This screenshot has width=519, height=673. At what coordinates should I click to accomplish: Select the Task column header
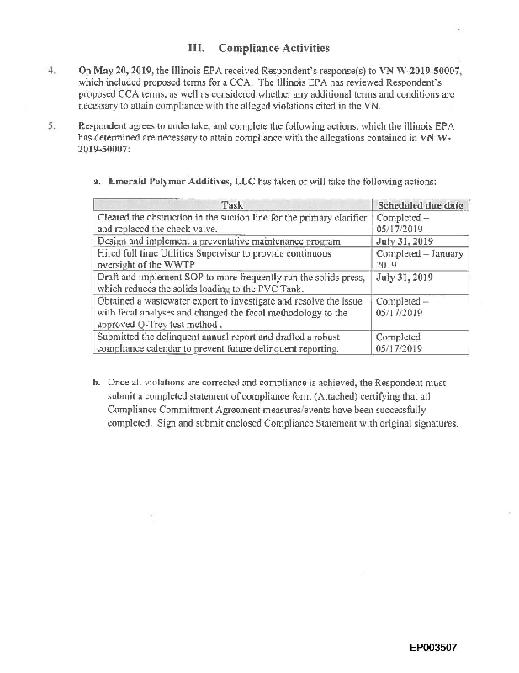tap(232, 204)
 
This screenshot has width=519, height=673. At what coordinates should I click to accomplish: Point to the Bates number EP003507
tap(433, 649)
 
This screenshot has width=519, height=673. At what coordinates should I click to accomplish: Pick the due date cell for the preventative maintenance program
tap(405, 240)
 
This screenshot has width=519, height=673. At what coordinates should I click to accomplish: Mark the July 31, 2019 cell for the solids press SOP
tap(405, 276)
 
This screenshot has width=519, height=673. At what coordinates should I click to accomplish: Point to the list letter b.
tap(97, 382)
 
